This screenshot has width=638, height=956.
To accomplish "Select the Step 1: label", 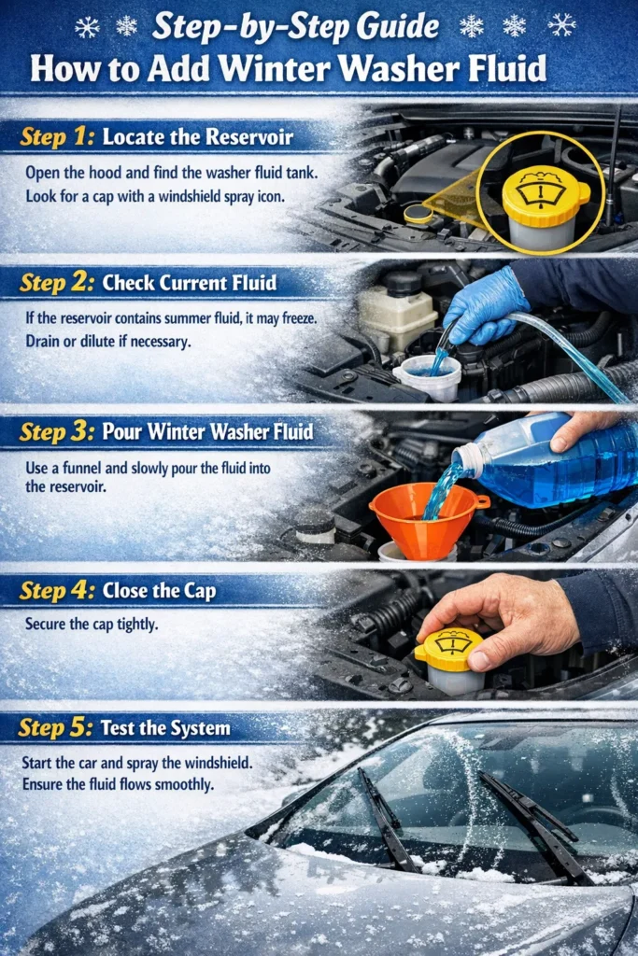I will (56, 137).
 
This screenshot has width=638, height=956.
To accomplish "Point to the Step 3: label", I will (56, 432).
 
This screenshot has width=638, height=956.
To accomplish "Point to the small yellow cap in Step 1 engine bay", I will (418, 213).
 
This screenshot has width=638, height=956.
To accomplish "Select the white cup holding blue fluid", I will (427, 375).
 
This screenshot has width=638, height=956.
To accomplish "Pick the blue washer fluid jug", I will (551, 467).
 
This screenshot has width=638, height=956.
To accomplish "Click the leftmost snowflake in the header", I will (87, 27).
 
